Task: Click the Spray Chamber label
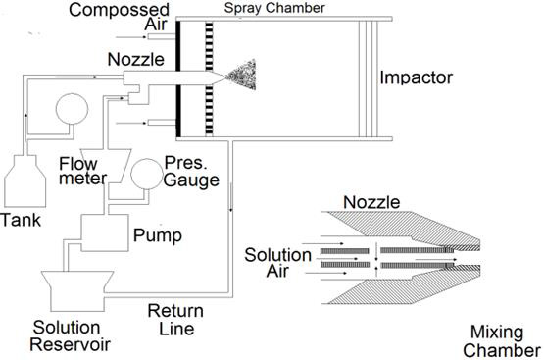(x=274, y=8)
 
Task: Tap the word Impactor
(x=416, y=77)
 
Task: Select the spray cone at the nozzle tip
(x=241, y=75)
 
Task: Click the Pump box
(x=105, y=232)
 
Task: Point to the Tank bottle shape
(x=25, y=181)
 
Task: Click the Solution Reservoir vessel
(x=77, y=291)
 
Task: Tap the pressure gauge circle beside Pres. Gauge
(x=147, y=174)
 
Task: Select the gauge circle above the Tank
(x=72, y=109)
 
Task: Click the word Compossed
(x=119, y=10)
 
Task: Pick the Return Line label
(x=175, y=320)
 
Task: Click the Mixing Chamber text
(x=501, y=341)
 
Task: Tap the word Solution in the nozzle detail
(x=278, y=255)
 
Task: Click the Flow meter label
(x=82, y=171)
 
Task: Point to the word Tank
(x=21, y=220)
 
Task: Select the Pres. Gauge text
(x=191, y=171)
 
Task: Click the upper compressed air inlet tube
(x=162, y=37)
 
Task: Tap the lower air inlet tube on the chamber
(x=162, y=123)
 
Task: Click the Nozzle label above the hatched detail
(x=371, y=202)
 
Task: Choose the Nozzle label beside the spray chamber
(x=135, y=60)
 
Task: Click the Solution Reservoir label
(x=70, y=335)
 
